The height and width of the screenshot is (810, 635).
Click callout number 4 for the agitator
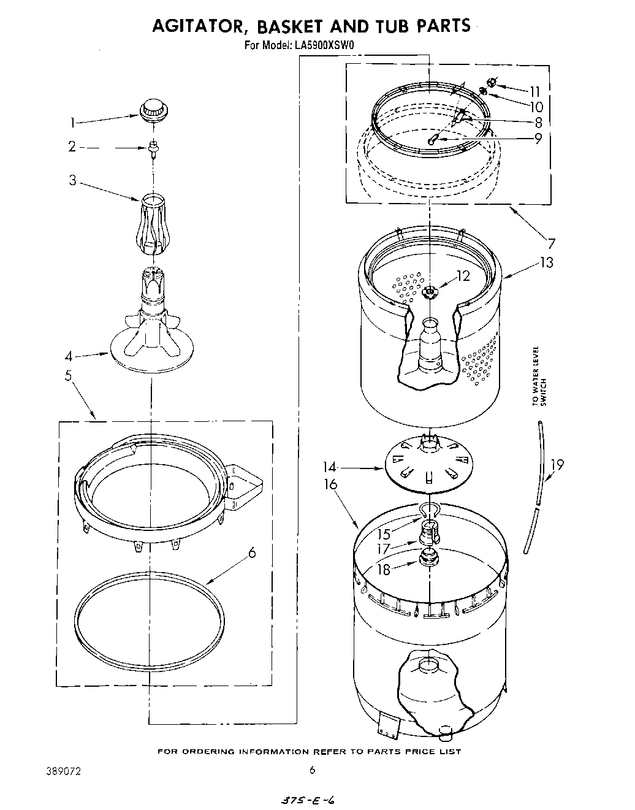(70, 356)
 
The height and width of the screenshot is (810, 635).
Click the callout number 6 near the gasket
(251, 552)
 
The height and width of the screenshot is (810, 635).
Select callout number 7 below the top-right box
(551, 243)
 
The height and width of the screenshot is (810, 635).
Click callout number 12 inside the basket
(463, 277)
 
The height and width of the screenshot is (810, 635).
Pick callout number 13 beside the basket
(546, 262)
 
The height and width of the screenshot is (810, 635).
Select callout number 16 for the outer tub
(330, 484)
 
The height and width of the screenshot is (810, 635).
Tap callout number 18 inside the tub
(383, 570)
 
